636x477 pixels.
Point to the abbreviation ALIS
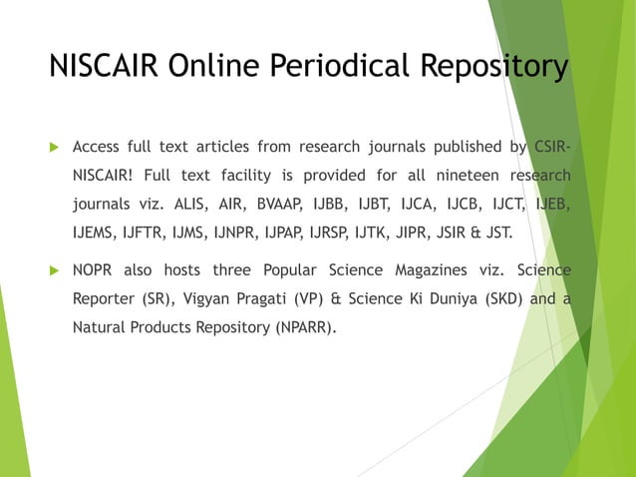[193, 206]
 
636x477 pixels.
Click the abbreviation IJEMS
[96, 235]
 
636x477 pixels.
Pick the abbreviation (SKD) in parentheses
[496, 298]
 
